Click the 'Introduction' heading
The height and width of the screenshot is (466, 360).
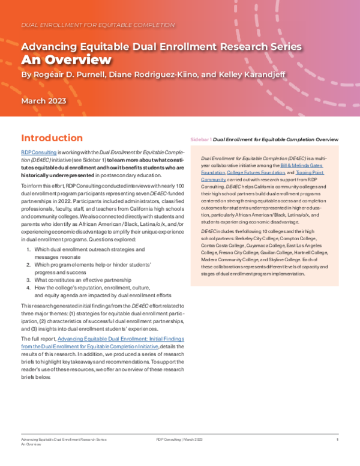pos(52,138)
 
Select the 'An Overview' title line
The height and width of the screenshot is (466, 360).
pos(66,59)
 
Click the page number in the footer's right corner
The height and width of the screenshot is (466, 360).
pos(338,440)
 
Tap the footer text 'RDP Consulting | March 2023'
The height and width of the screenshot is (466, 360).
pos(179,440)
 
